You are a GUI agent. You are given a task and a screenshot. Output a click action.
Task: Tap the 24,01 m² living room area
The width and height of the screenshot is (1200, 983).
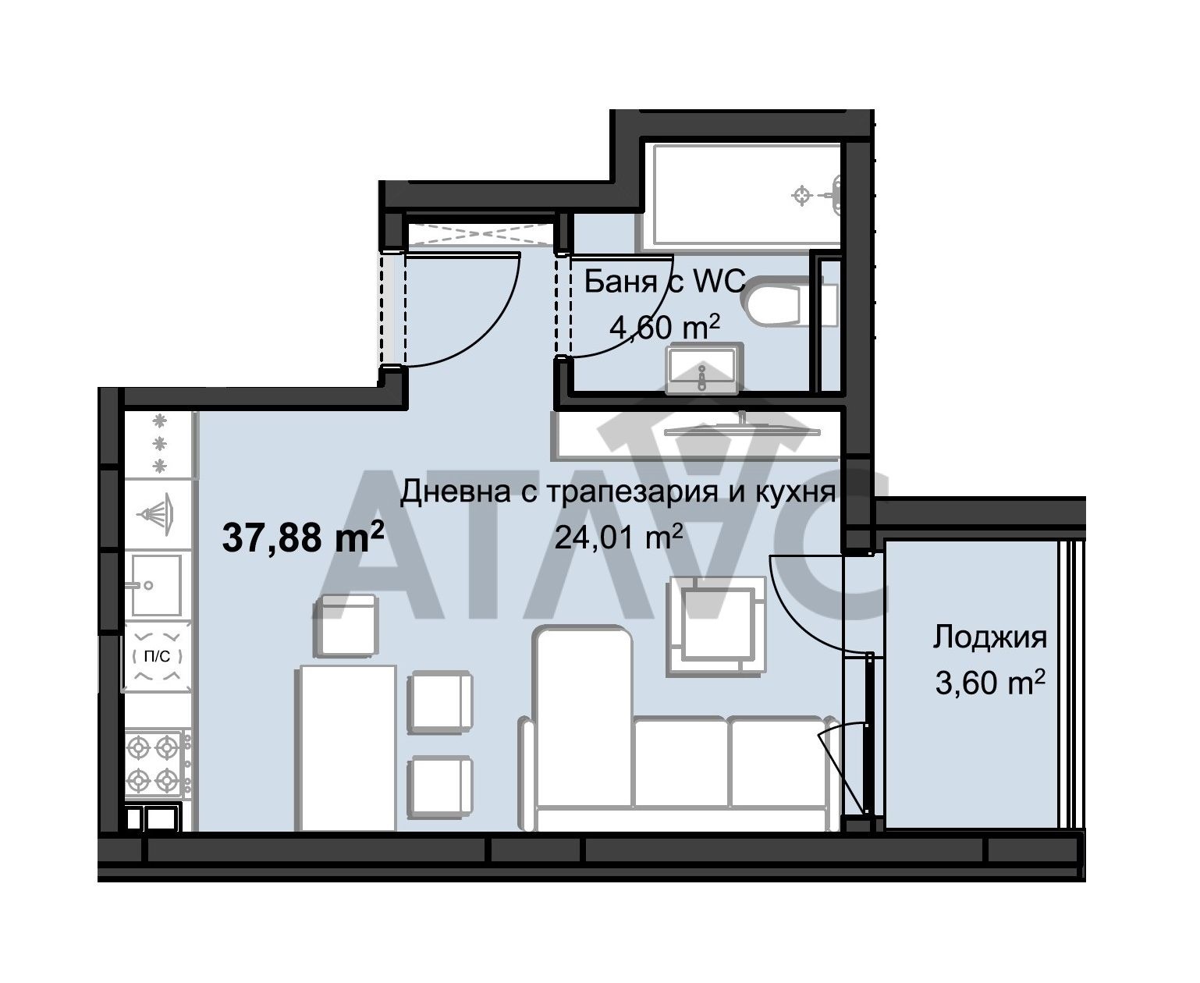(619, 538)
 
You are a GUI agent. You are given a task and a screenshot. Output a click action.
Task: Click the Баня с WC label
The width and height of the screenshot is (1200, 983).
(665, 282)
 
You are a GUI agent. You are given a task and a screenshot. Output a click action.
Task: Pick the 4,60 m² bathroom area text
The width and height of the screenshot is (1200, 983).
(663, 327)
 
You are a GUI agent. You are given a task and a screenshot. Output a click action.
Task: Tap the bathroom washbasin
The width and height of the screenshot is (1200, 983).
(701, 370)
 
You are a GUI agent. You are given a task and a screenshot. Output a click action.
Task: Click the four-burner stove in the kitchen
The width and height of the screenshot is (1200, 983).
(154, 764)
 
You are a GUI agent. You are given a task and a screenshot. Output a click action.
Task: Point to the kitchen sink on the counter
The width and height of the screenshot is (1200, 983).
(156, 584)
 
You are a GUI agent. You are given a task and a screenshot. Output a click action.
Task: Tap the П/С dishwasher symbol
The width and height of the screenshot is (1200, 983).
(157, 656)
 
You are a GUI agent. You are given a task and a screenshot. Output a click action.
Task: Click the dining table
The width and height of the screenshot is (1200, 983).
(347, 747)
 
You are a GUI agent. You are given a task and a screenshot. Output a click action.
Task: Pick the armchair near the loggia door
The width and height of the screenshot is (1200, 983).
(715, 624)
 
